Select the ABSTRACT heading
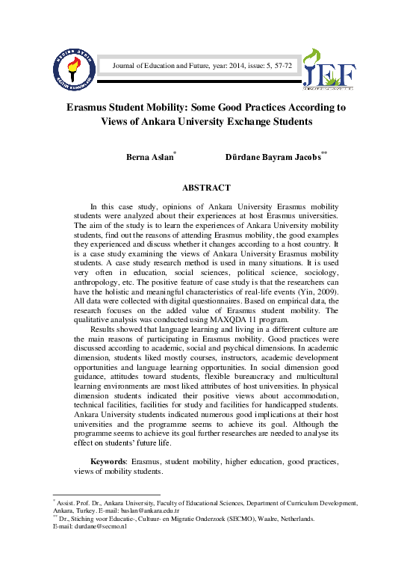[x=206, y=188]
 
